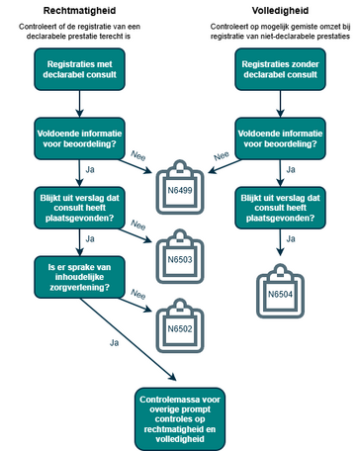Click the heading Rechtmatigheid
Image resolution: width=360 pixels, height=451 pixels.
(79, 11)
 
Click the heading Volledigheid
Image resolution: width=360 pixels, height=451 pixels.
(280, 11)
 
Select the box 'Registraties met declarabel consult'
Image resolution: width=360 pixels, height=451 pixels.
(79, 69)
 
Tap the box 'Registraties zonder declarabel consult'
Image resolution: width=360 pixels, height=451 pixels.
(280, 69)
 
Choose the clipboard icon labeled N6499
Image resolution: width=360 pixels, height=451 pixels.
(180, 187)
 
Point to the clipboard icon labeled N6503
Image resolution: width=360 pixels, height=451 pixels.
(180, 256)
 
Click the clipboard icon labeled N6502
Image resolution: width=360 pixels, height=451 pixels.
(180, 325)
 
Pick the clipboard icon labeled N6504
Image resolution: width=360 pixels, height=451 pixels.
(280, 291)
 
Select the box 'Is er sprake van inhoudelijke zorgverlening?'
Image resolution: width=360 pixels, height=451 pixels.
(79, 277)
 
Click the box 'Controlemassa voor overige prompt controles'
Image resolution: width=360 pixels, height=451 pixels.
(180, 419)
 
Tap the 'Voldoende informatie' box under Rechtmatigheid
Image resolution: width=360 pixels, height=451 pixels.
(79, 138)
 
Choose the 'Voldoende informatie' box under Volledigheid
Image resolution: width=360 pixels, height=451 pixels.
(280, 138)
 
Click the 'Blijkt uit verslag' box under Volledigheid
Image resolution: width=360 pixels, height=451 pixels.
(280, 208)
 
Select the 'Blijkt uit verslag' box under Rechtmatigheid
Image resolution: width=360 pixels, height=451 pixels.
(79, 208)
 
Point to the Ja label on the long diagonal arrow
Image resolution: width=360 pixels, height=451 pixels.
(114, 343)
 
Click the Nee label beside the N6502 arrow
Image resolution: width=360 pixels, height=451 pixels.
(138, 294)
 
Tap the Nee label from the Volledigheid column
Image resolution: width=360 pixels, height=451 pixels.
(222, 155)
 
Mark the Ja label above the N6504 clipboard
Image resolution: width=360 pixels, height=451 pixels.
(291, 238)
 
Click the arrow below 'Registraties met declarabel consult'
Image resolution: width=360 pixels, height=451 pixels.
(79, 104)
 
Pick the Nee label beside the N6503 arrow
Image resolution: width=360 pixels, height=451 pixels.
(138, 225)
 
